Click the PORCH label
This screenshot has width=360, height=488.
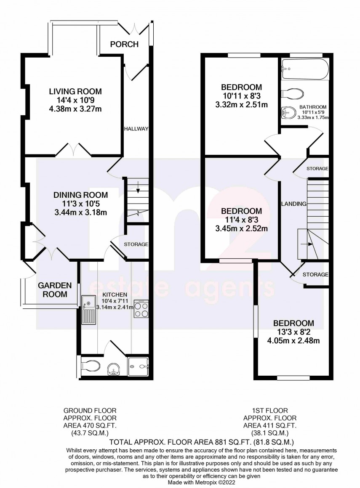[x=124, y=44]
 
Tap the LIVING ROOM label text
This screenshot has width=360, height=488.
[x=75, y=91]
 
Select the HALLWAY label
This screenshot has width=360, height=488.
[x=136, y=129]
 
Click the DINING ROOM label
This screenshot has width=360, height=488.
[x=80, y=195]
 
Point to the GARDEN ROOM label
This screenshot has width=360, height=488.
[x=53, y=290]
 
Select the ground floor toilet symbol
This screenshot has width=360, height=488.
[x=89, y=365]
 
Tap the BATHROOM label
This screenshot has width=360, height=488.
[x=313, y=107]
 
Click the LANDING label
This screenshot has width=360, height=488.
[x=293, y=204]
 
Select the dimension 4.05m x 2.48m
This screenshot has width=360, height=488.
[x=293, y=341]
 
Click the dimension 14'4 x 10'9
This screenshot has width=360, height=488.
[x=75, y=101]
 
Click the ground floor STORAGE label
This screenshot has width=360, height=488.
[x=136, y=244]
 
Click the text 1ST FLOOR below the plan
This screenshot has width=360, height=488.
[x=269, y=410]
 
